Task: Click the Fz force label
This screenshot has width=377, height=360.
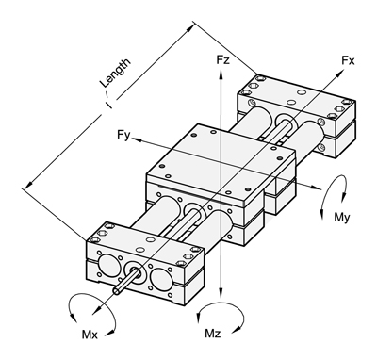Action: click(222, 59)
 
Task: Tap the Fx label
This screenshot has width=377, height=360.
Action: click(348, 61)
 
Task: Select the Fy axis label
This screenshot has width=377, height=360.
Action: click(123, 135)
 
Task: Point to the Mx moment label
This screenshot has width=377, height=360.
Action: click(90, 335)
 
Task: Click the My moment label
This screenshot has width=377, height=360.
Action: click(342, 218)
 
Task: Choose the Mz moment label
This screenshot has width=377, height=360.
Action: click(213, 334)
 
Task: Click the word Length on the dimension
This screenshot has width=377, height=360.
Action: click(115, 73)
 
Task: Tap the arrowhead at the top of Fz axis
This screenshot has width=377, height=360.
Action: click(221, 73)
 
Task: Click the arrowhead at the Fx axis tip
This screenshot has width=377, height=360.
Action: click(339, 74)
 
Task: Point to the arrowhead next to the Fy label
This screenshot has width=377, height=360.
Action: click(137, 139)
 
